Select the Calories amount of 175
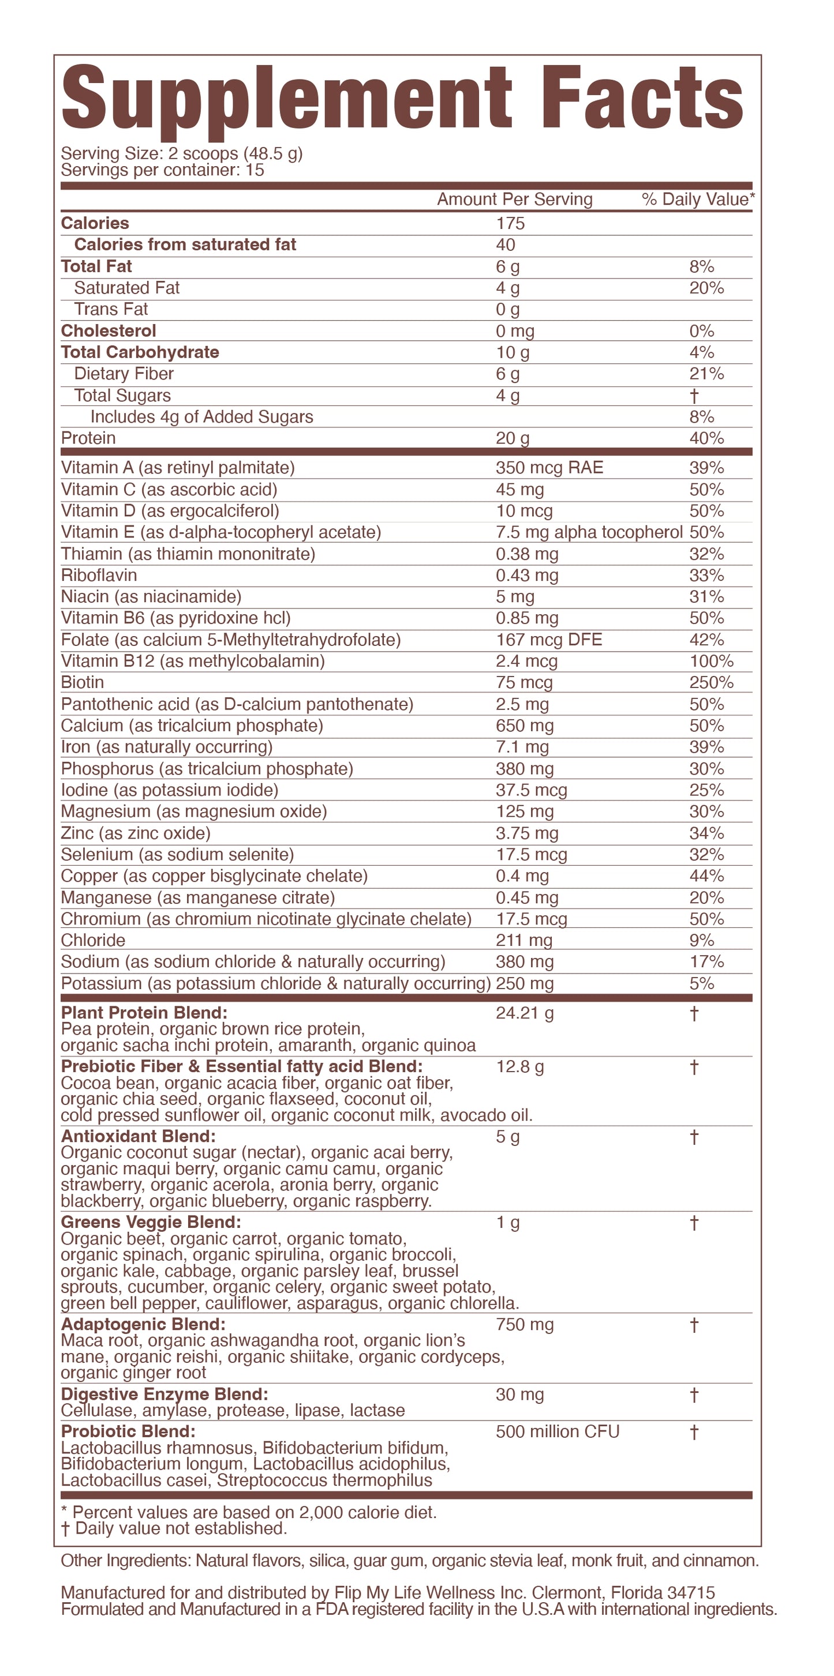pyautogui.click(x=510, y=224)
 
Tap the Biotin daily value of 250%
pyautogui.click(x=711, y=682)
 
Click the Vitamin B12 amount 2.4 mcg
pyautogui.click(x=526, y=662)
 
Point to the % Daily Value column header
pyautogui.click(x=697, y=200)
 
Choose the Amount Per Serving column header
pyautogui.click(x=514, y=200)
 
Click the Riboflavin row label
pyautogui.click(x=99, y=576)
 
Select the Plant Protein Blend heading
pyautogui.click(x=144, y=1013)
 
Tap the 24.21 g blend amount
pyautogui.click(x=524, y=1013)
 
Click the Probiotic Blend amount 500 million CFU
pyautogui.click(x=558, y=1431)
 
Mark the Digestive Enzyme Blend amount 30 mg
pyautogui.click(x=519, y=1395)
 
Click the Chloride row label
pyautogui.click(x=93, y=941)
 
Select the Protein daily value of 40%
pyautogui.click(x=706, y=438)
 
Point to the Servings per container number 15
pyautogui.click(x=255, y=171)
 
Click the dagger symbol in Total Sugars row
pyautogui.click(x=694, y=396)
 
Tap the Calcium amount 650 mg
pyautogui.click(x=524, y=726)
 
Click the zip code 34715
pyautogui.click(x=691, y=1593)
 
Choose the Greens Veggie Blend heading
pyautogui.click(x=151, y=1223)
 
